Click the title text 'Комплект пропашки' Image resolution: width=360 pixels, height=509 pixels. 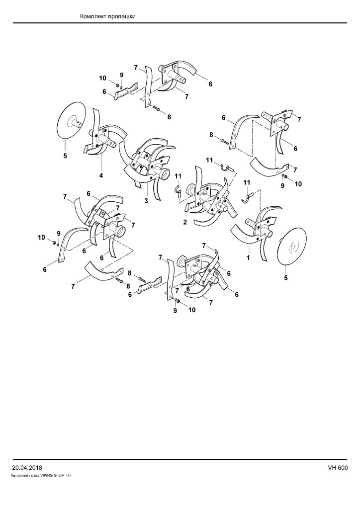(108, 16)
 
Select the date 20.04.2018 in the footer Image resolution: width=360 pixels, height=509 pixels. (27, 468)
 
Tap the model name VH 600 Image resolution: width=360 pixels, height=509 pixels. (338, 468)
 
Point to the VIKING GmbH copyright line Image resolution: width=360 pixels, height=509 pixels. (41, 475)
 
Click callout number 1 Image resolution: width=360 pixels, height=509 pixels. (248, 258)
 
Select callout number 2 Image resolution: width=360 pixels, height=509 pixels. (184, 222)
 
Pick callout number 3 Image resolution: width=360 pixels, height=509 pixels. (146, 201)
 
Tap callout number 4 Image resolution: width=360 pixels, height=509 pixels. (101, 175)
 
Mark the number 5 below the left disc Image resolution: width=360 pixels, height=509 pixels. (65, 156)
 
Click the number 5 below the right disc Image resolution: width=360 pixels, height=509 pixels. (286, 278)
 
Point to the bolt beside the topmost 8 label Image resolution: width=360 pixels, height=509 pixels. (157, 109)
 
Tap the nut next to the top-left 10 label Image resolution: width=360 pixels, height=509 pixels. (117, 85)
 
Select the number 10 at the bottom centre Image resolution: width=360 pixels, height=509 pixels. (192, 310)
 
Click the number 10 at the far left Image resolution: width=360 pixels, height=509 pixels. (41, 238)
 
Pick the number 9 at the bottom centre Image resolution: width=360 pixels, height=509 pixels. (175, 311)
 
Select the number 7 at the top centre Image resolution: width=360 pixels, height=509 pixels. (136, 67)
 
